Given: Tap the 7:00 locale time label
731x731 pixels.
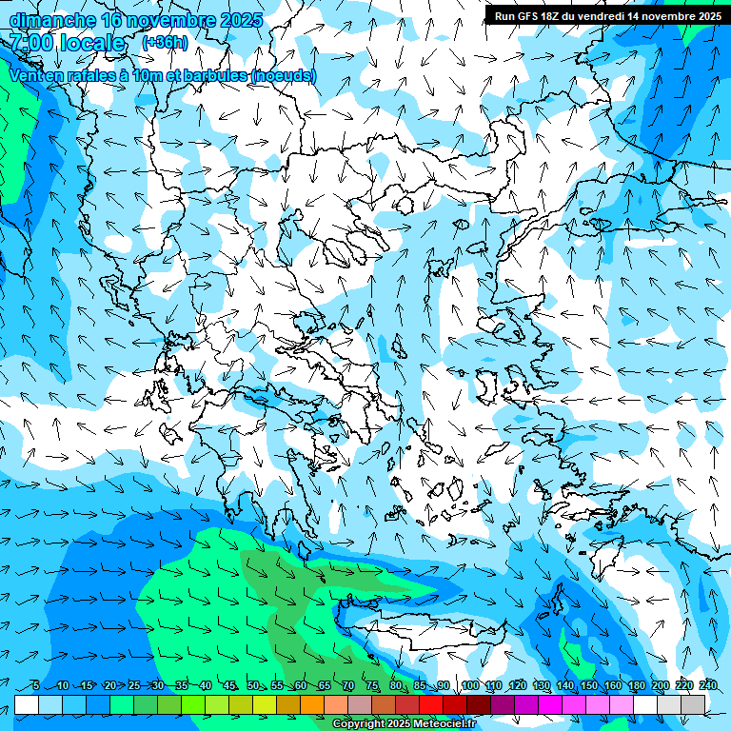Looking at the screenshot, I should pyautogui.click(x=67, y=43).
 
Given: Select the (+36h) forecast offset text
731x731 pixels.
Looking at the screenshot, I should pyautogui.click(x=165, y=43).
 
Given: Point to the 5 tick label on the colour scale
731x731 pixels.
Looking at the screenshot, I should pyautogui.click(x=35, y=686).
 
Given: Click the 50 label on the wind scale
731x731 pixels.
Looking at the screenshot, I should pyautogui.click(x=253, y=686).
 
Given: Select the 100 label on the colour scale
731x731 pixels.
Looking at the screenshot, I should pyautogui.click(x=470, y=686).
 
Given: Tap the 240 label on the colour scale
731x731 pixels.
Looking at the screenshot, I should pyautogui.click(x=708, y=686).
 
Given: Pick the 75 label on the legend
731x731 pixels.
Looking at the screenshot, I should pyautogui.click(x=372, y=686).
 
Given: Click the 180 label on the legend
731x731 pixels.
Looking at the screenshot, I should pyautogui.click(x=637, y=686).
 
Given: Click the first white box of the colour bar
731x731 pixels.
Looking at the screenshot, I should pyautogui.click(x=27, y=704).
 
